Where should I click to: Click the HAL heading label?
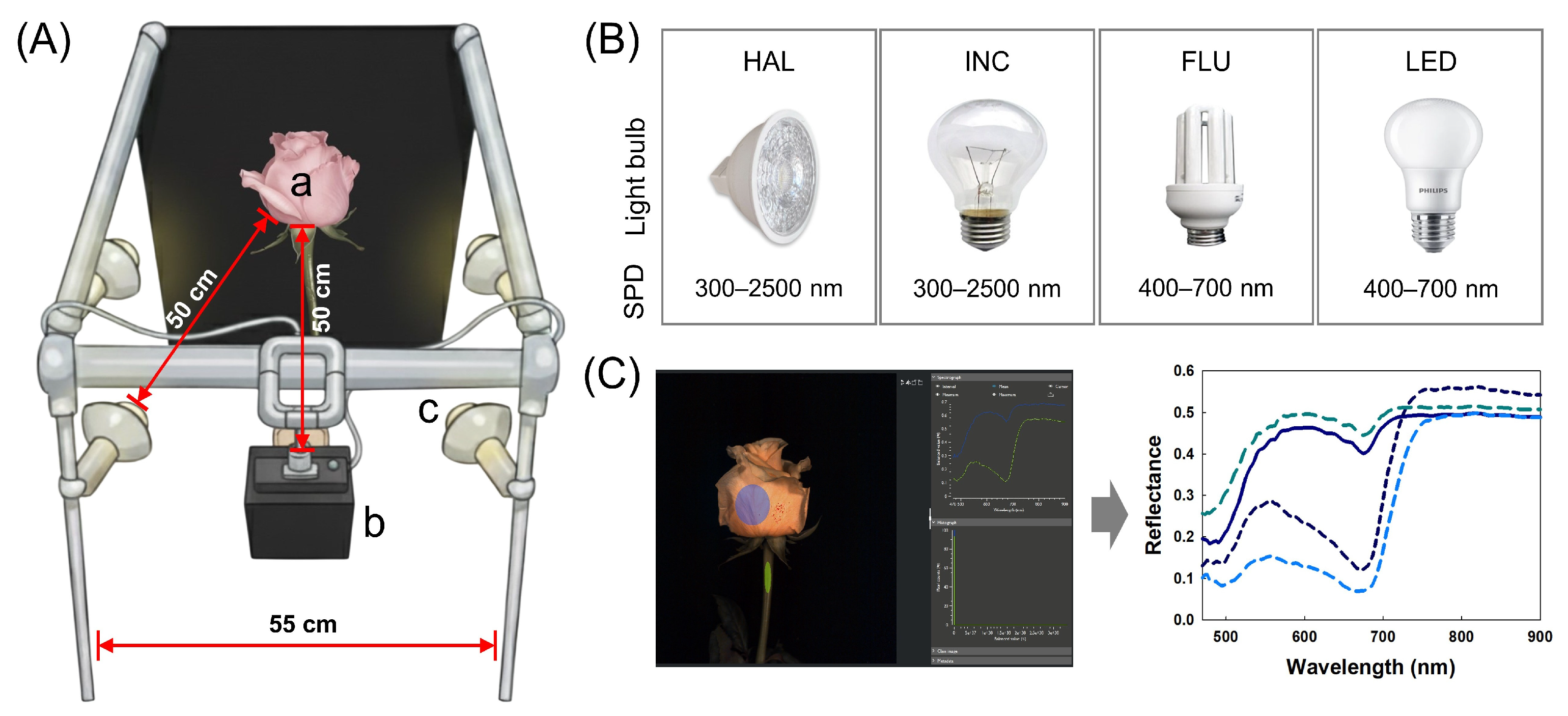(x=768, y=62)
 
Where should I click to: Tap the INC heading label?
(x=987, y=62)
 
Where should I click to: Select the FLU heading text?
(x=1205, y=62)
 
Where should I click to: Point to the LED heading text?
(x=1431, y=62)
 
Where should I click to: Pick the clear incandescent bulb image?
(x=986, y=174)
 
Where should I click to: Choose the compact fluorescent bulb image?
(x=1204, y=177)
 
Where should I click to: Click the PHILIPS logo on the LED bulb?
(x=1433, y=190)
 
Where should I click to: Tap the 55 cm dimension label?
(x=302, y=624)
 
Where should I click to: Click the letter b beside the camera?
(x=374, y=522)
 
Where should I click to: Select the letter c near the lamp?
(x=428, y=410)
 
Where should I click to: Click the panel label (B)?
(x=612, y=40)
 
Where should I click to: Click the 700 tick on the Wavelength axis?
(x=1382, y=637)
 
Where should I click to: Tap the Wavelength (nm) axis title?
(x=1370, y=667)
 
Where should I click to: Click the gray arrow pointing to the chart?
(x=1109, y=514)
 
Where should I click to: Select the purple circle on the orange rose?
(x=752, y=504)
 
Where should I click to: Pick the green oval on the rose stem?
(x=768, y=577)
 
